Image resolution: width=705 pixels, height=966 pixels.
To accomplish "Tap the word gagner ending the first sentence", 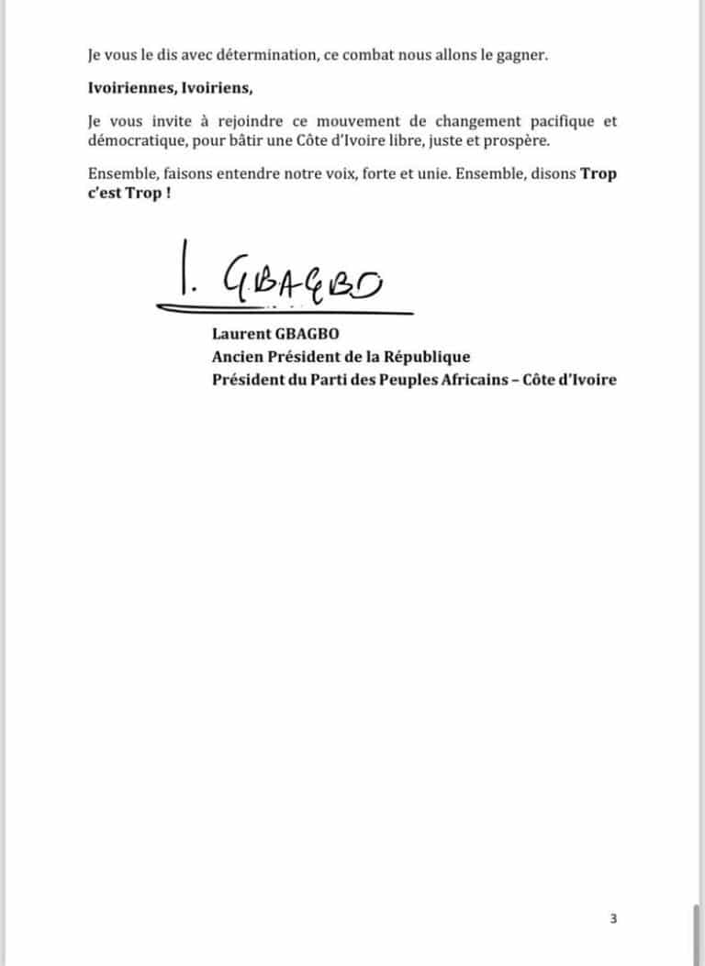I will point(523,55).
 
